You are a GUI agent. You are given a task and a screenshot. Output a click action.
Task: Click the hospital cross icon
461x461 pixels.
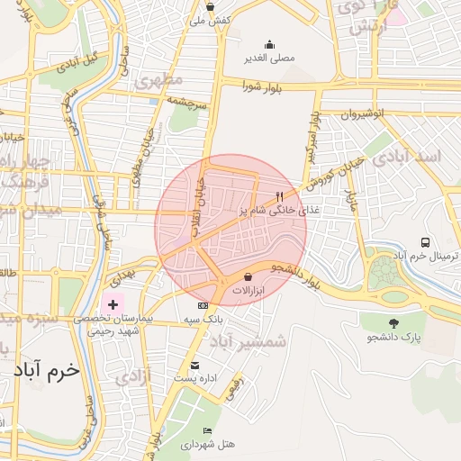pyautogui.click(x=112, y=305)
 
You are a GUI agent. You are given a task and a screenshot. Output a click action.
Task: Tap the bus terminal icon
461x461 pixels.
pyautogui.click(x=426, y=242)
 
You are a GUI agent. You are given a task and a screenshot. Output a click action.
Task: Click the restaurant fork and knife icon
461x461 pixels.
pyautogui.click(x=280, y=196)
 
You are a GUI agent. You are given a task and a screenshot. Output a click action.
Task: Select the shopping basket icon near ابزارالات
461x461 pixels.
pyautogui.click(x=248, y=277)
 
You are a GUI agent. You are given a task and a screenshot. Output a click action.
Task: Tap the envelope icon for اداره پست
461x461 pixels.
pyautogui.click(x=194, y=365)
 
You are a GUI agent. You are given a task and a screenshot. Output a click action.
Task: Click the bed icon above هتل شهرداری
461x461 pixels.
pyautogui.click(x=208, y=431)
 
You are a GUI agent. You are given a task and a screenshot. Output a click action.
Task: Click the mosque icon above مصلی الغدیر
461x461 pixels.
pyautogui.click(x=269, y=44)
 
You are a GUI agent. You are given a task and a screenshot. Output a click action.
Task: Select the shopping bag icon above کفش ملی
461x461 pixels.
pyautogui.click(x=210, y=6)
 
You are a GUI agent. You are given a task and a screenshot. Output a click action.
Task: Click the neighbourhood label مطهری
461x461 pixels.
pyautogui.click(x=158, y=79)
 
